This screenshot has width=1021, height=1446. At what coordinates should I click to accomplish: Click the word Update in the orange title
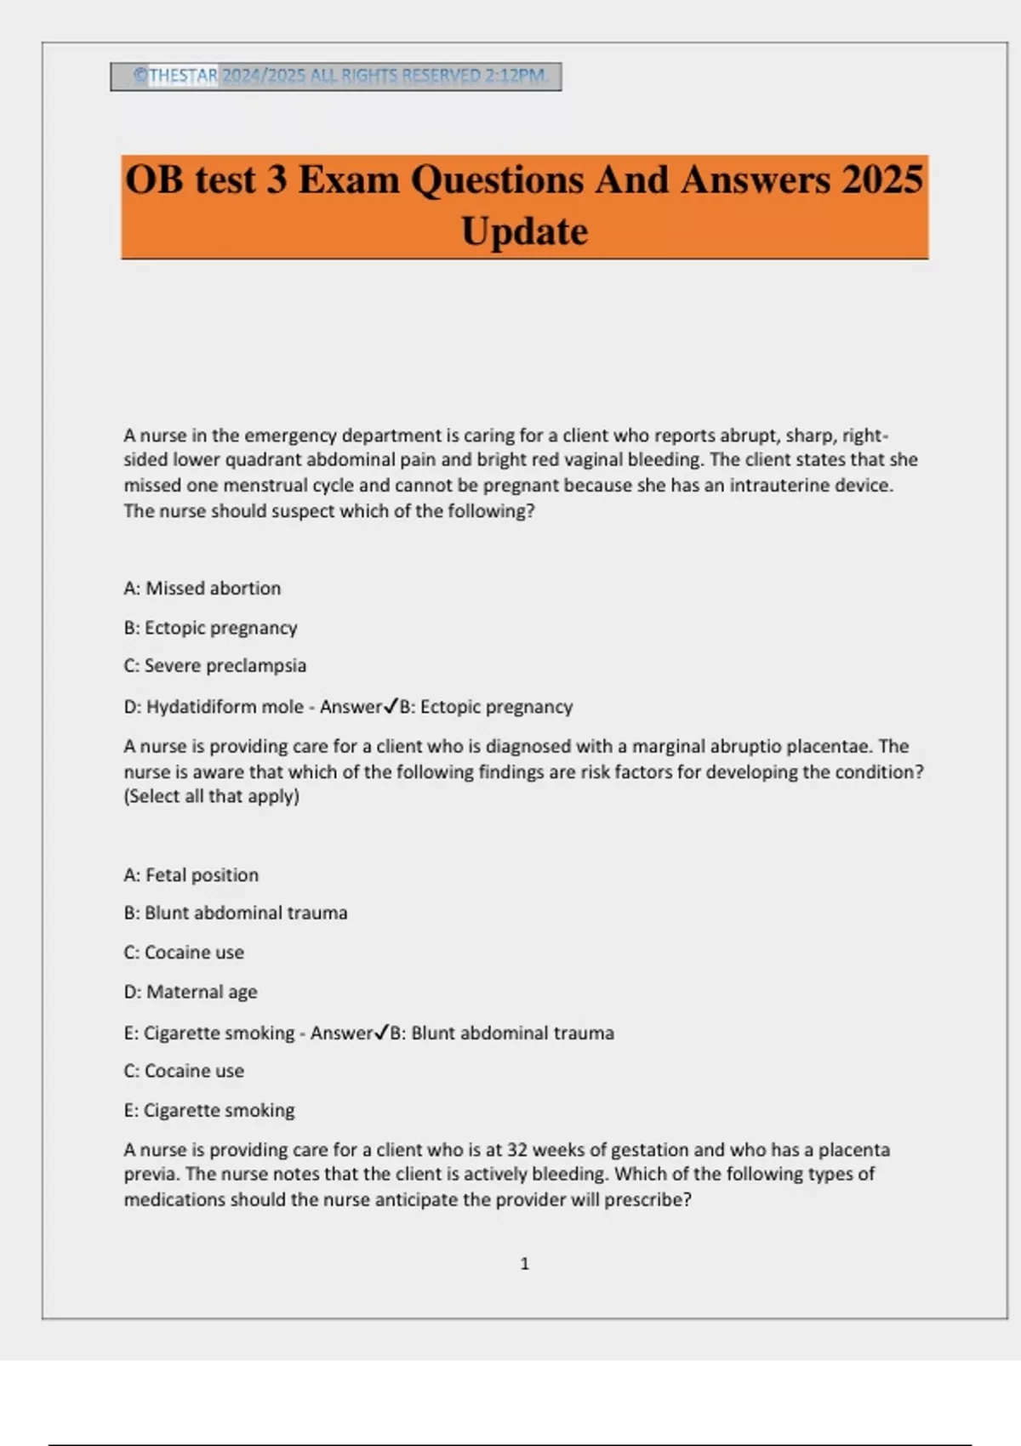[524, 231]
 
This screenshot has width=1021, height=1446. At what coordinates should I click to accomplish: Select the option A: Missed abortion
[202, 589]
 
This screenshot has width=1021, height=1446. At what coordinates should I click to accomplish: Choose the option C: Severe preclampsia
[214, 666]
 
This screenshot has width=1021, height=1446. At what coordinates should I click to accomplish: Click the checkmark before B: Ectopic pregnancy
[391, 706]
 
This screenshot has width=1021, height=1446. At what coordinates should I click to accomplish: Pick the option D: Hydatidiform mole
[214, 707]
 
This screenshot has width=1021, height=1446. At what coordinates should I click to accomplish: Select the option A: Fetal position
[191, 875]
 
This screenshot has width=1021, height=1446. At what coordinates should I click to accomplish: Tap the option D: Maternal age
[190, 992]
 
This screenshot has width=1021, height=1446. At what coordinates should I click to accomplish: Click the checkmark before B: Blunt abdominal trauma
[382, 1033]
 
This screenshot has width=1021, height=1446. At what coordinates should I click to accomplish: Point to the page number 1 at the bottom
[524, 1264]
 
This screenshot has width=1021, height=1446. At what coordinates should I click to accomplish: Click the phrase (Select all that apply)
[212, 797]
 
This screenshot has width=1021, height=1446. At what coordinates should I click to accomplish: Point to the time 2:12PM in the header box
[516, 76]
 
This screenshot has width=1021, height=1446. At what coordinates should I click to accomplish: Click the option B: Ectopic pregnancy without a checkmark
[210, 628]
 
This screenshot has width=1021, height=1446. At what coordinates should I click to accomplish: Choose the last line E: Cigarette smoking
[209, 1111]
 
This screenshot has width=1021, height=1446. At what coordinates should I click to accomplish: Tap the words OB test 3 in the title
[205, 180]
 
